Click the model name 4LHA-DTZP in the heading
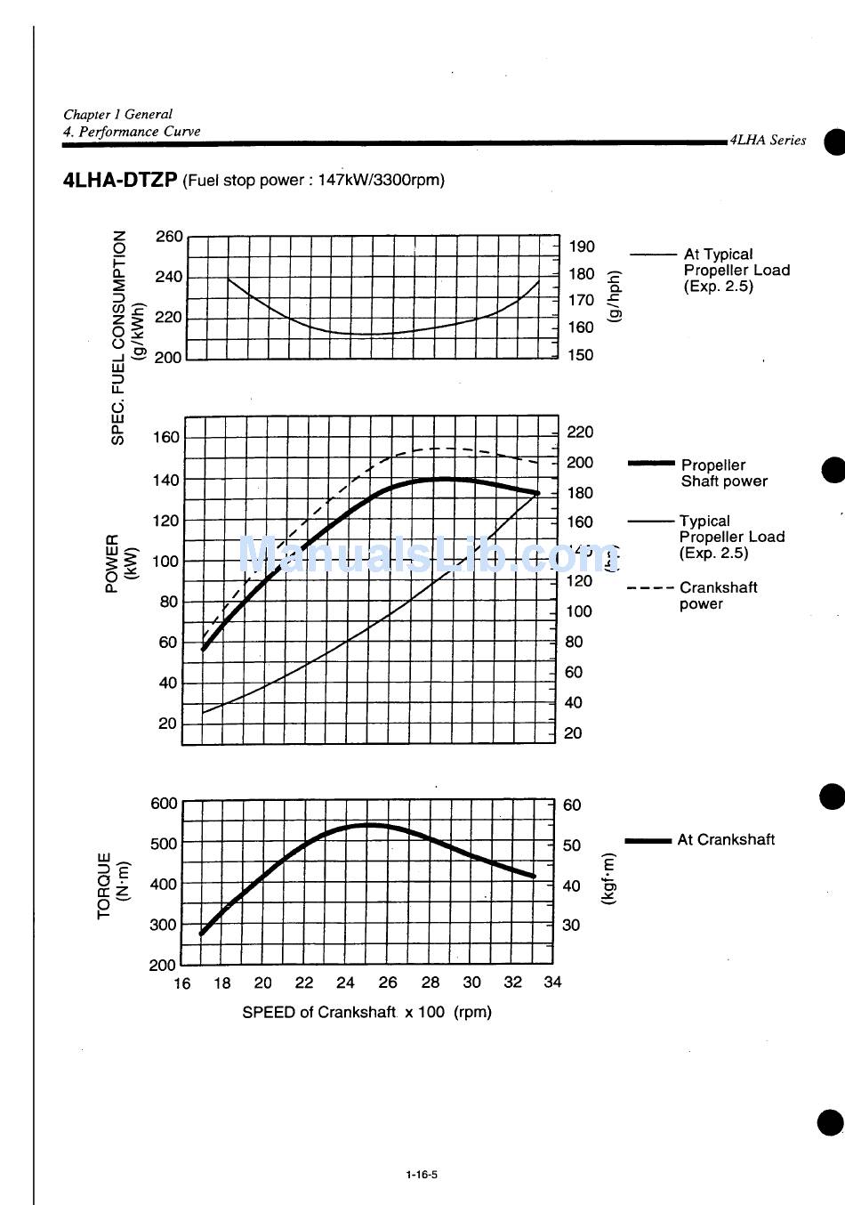coord(120,180)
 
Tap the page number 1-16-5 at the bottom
coord(422,1174)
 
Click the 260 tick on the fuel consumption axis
coord(169,237)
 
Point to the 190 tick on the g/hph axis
coord(582,247)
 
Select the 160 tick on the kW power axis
coord(166,437)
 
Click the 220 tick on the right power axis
coord(580,433)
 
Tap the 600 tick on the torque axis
coord(164,804)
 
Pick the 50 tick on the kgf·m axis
coord(572,845)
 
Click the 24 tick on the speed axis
coord(345,983)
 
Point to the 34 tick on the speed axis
coord(552,983)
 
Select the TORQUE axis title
coord(106,885)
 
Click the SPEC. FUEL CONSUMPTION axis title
coord(119,338)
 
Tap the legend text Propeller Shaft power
coord(723,473)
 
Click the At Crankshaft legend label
coord(726,839)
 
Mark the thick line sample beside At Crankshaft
coord(648,840)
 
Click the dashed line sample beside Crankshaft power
coord(649,588)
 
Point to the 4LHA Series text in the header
coord(768,140)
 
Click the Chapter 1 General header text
coord(117,114)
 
